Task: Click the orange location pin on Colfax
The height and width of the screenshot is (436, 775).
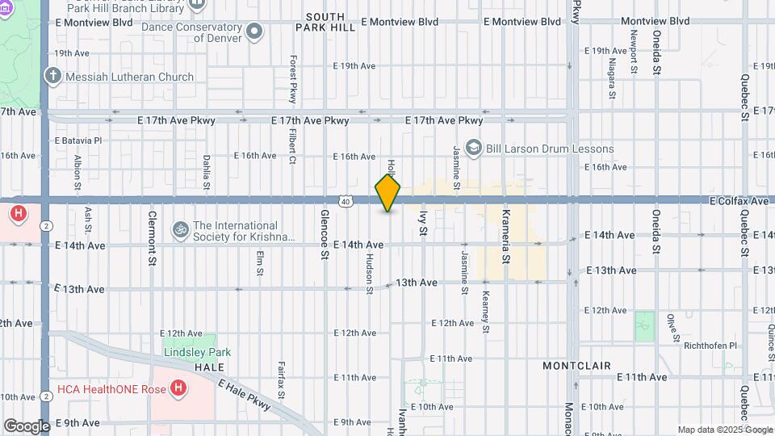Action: click(x=388, y=193)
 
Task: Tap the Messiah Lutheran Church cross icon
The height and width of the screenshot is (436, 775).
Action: click(x=53, y=77)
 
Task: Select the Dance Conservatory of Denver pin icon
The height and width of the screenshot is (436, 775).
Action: click(x=255, y=32)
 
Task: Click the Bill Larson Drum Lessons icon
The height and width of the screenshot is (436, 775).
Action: click(x=474, y=148)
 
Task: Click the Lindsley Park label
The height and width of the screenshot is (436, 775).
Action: click(x=197, y=352)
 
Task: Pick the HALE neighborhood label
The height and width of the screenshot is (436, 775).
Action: click(x=209, y=366)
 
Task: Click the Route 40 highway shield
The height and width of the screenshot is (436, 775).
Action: click(x=345, y=201)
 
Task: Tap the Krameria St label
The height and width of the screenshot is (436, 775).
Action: click(x=506, y=237)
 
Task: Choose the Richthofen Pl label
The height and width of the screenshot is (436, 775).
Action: click(x=710, y=346)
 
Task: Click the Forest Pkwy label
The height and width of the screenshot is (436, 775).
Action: click(x=293, y=79)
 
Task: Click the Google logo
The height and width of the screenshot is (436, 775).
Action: click(x=27, y=426)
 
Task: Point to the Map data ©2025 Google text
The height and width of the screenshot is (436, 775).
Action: click(x=723, y=430)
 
